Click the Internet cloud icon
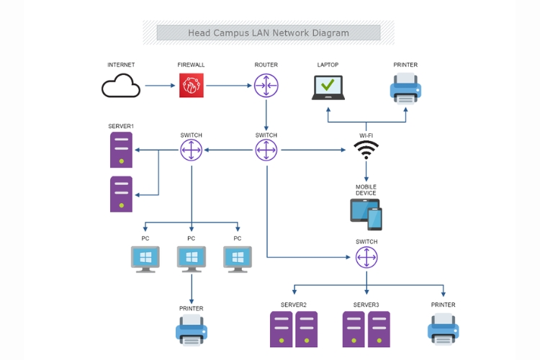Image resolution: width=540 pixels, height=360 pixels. [121, 86]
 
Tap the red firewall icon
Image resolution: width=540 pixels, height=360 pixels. [192, 86]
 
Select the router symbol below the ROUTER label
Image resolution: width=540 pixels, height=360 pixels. [266, 86]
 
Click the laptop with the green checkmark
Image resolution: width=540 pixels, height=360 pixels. [328, 87]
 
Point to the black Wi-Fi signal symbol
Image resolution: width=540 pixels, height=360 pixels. [366, 149]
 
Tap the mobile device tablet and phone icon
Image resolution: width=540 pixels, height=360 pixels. [366, 214]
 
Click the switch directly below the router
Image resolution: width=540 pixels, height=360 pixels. [266, 150]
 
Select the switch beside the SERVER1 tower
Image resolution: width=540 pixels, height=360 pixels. [192, 150]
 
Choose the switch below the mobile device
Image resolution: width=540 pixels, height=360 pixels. [366, 257]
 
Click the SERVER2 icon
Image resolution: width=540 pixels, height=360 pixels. [294, 329]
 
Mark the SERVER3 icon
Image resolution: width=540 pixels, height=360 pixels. [366, 329]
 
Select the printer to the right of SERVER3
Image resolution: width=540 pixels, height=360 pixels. [443, 328]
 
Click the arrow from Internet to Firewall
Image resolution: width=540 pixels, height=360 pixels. [161, 86]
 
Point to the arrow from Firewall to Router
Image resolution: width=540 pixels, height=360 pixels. [228, 86]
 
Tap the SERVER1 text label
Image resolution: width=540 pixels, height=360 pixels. [121, 127]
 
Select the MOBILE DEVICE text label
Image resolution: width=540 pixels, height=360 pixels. [366, 190]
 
